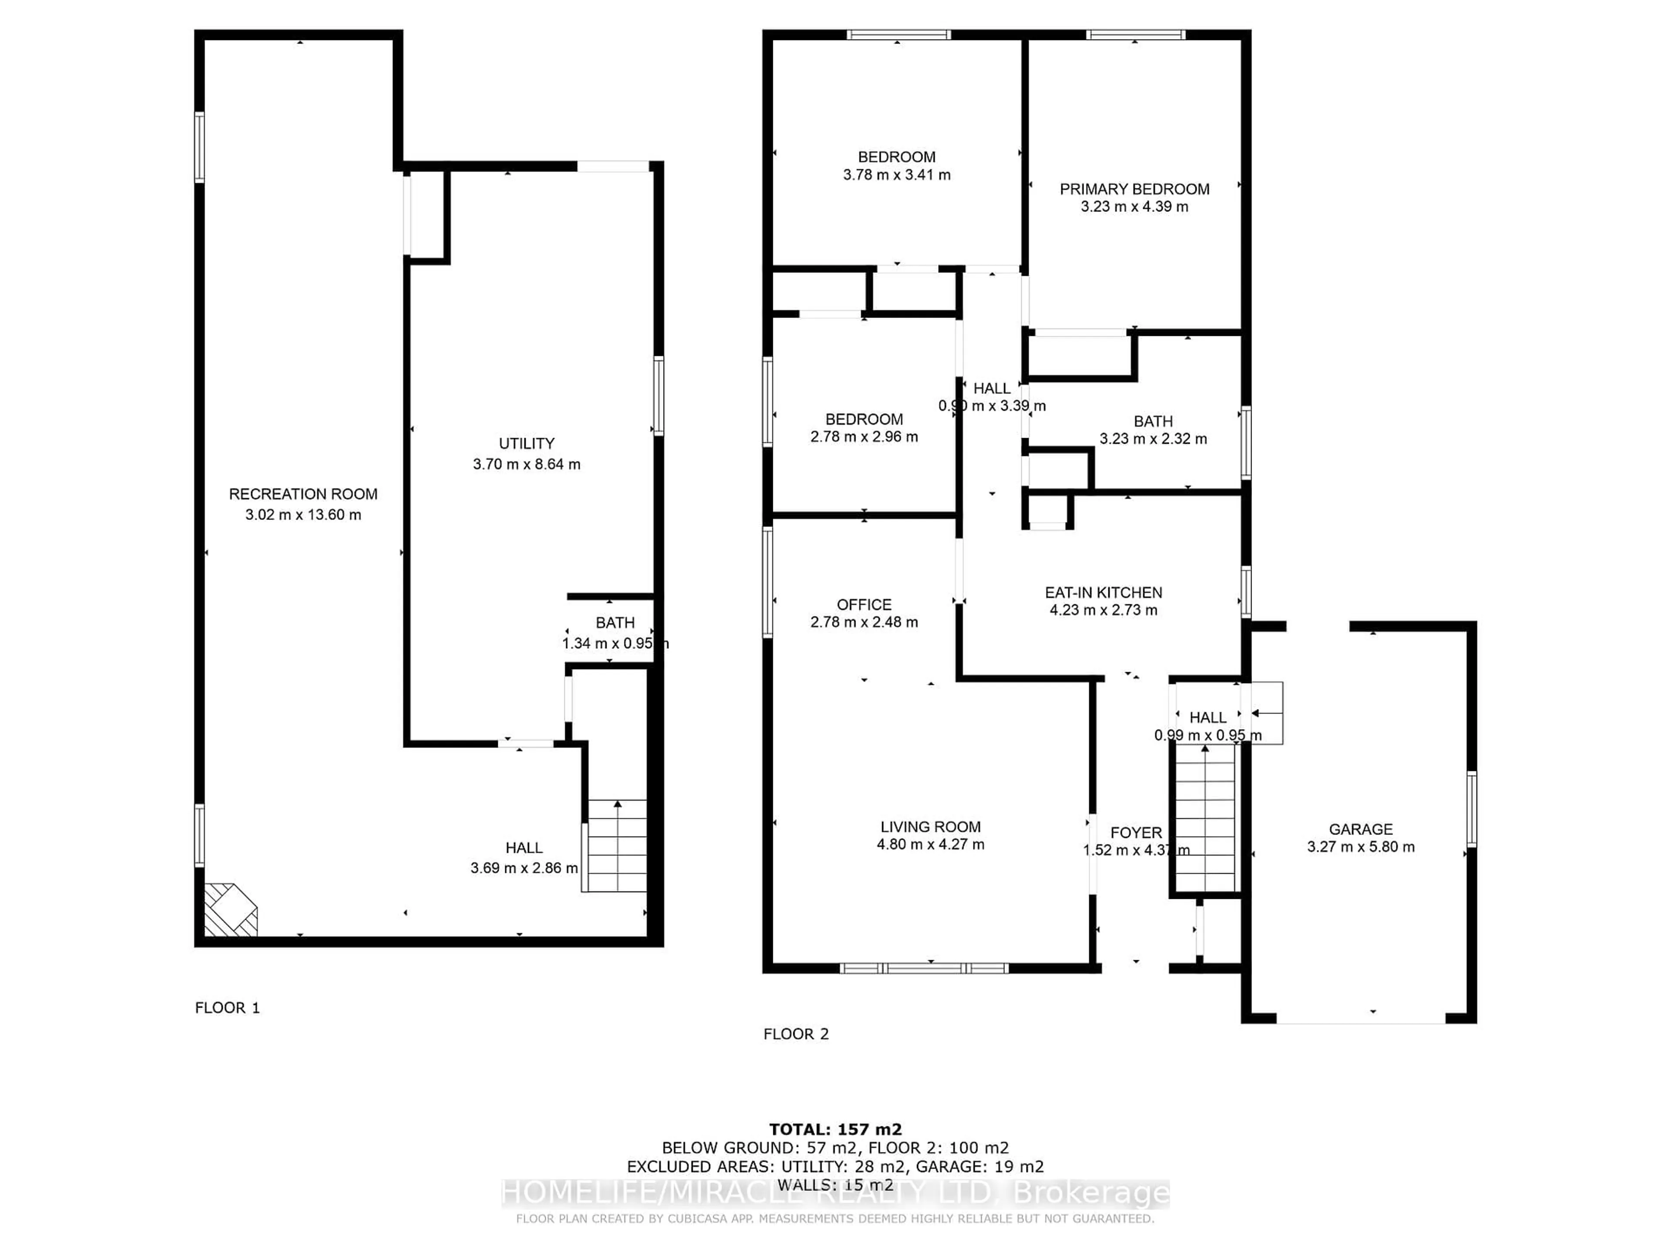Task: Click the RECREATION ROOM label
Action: click(303, 494)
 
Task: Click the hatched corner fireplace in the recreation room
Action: click(230, 910)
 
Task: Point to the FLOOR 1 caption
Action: click(227, 1008)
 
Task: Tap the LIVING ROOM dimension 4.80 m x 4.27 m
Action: click(930, 844)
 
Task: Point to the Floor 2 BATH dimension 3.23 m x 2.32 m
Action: click(1153, 439)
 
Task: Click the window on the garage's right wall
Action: click(1471, 809)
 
